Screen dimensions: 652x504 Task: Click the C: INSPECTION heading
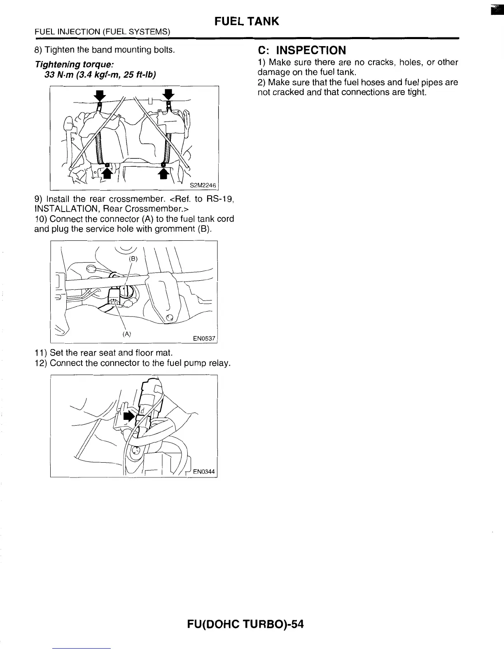point(302,50)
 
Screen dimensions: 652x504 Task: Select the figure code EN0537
point(204,338)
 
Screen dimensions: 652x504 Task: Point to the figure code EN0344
point(204,471)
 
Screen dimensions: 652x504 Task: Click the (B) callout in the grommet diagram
point(133,259)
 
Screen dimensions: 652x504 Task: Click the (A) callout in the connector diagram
point(126,333)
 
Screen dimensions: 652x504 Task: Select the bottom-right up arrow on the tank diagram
point(164,173)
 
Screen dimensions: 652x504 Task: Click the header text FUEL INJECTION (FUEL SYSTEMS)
point(103,31)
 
